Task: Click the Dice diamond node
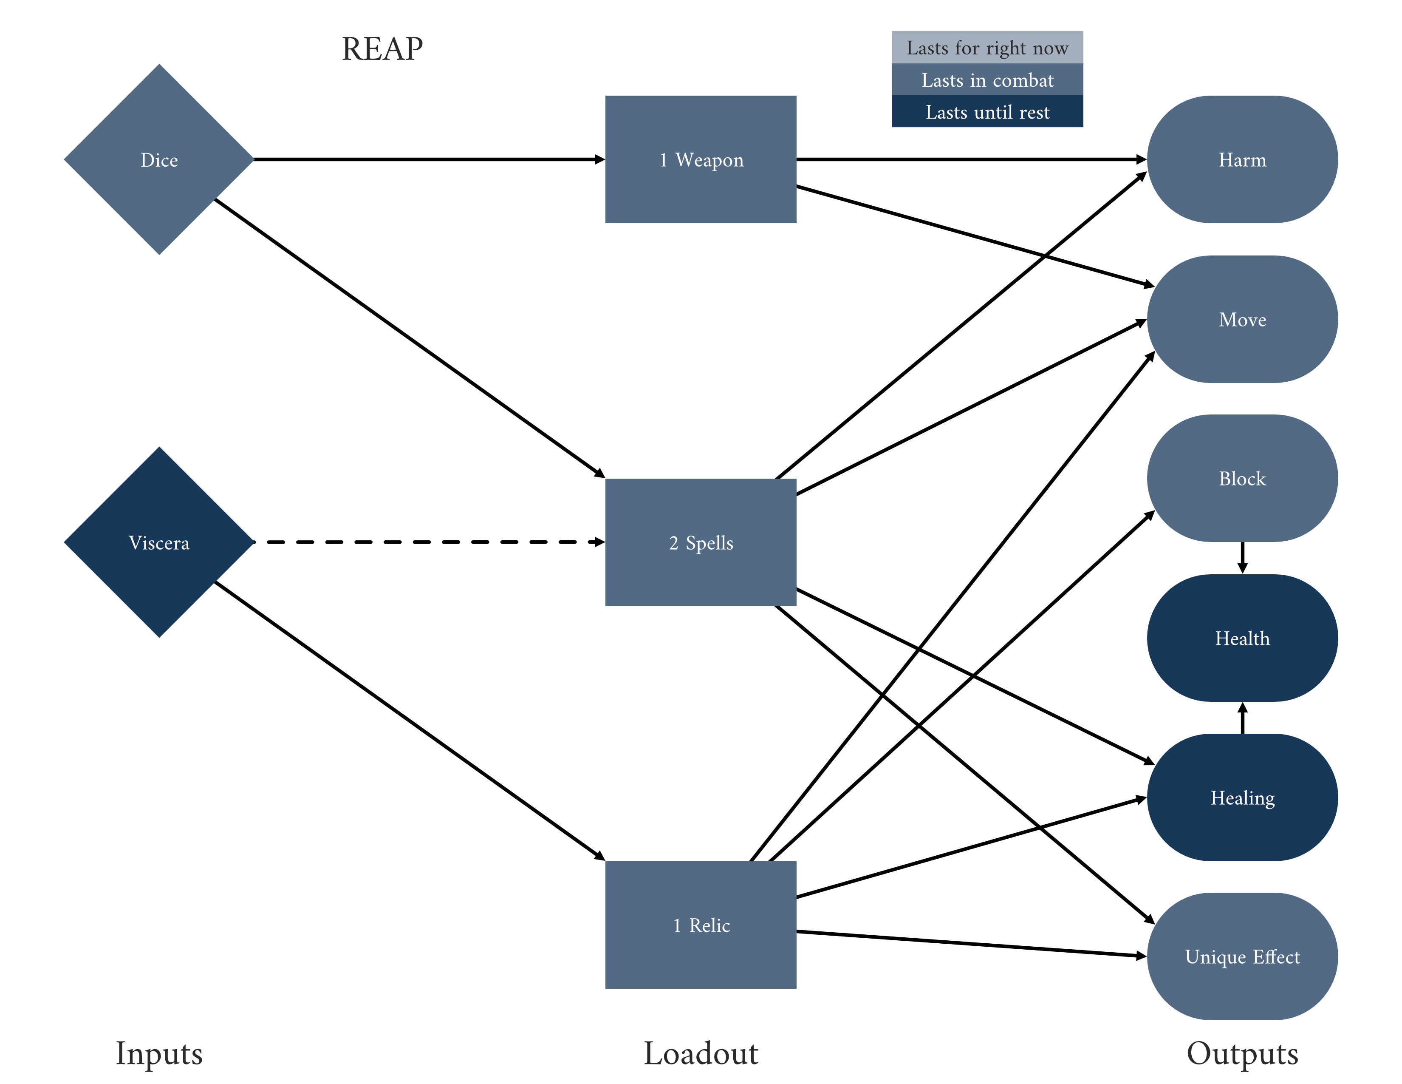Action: pos(159,159)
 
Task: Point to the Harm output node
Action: pos(1242,159)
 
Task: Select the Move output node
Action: pos(1242,319)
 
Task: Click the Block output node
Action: pos(1242,478)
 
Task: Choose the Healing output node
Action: pos(1242,797)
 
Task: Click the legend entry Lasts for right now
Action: pos(987,48)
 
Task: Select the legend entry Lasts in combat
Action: pos(987,79)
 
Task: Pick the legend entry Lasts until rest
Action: pos(987,112)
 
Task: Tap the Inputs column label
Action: pos(159,1053)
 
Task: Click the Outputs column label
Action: pos(1242,1053)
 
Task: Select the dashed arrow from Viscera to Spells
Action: pos(429,542)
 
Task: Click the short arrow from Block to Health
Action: pos(1242,557)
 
